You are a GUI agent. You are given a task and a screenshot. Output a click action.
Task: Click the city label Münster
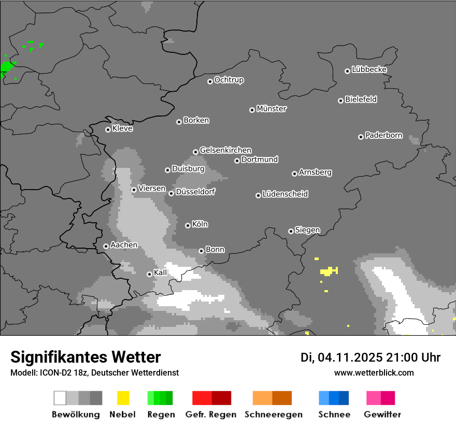click(272, 109)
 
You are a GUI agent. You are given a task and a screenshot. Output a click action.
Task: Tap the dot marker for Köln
click(188, 225)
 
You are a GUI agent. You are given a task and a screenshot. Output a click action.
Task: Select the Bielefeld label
click(361, 99)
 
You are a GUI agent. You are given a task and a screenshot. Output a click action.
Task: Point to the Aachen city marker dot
click(106, 246)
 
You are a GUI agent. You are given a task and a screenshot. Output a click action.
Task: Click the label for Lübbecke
click(369, 69)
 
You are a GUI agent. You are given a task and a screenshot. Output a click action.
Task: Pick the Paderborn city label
click(384, 135)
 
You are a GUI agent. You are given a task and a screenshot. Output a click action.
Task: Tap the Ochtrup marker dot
click(210, 81)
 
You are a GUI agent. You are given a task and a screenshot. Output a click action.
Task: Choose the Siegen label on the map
click(308, 230)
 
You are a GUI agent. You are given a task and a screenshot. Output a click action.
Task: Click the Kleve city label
click(123, 128)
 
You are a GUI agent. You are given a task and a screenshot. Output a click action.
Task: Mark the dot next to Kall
click(149, 274)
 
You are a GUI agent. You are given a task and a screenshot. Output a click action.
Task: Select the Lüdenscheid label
click(286, 194)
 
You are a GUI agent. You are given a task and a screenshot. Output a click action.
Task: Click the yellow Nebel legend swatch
click(123, 398)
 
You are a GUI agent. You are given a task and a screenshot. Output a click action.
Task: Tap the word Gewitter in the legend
click(382, 414)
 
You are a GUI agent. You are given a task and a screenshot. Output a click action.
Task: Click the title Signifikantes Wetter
click(85, 357)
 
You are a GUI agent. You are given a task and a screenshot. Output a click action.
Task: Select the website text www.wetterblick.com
click(374, 372)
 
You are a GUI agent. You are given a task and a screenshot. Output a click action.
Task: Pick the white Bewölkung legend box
click(60, 398)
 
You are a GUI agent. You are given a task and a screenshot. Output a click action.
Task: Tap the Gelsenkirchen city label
click(226, 150)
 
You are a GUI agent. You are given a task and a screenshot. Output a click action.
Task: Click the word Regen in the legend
click(160, 414)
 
